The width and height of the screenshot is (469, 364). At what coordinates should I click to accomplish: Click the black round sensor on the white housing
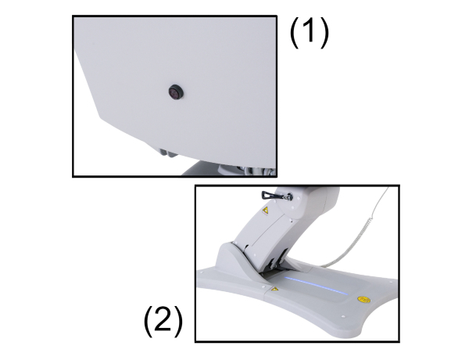click(176, 92)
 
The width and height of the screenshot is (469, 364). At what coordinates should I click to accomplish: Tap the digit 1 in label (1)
click(309, 32)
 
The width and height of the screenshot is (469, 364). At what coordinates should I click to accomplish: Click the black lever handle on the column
click(273, 196)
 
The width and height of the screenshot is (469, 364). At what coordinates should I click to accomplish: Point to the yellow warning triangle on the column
click(265, 211)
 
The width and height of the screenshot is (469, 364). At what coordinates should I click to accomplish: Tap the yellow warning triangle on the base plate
click(274, 289)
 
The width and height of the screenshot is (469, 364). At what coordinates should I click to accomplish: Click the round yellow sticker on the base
click(363, 299)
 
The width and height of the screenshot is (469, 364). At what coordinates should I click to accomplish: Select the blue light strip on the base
click(317, 286)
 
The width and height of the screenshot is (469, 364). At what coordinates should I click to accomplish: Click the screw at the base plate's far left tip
click(202, 272)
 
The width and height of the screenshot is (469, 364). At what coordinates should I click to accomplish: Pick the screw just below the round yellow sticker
click(343, 316)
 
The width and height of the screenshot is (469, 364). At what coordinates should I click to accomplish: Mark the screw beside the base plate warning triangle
click(263, 287)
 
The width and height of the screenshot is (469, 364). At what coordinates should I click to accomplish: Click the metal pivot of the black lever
click(288, 196)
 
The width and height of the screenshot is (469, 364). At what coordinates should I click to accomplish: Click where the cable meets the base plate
click(320, 265)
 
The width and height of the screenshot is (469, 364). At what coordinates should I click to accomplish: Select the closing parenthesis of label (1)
click(324, 32)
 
